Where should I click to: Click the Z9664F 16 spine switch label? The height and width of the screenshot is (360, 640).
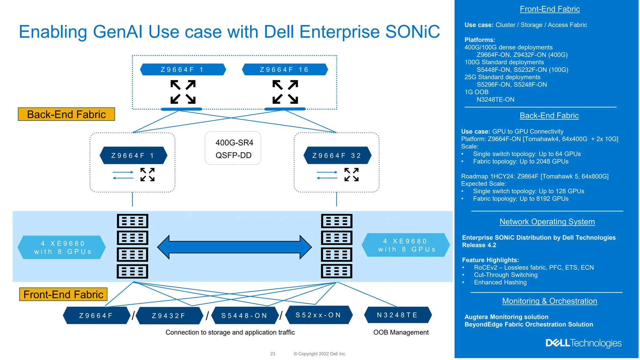285,69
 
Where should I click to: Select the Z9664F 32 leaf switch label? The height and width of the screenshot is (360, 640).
337,155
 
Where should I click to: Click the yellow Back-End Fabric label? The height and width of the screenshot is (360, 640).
66,114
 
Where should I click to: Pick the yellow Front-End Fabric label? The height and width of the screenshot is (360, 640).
63,294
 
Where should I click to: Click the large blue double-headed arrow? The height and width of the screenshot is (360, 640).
234,247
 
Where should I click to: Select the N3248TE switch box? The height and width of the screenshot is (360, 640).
397,315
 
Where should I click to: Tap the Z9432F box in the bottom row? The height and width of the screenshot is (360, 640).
169,316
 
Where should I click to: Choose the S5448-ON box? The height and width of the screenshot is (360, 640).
244,316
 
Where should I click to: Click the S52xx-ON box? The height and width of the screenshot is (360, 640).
318,315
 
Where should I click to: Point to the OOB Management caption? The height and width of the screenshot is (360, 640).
401,332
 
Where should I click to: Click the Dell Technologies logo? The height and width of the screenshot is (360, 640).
583,343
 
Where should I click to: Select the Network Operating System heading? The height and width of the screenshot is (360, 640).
547,222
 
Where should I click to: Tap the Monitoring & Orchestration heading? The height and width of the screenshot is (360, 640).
549,301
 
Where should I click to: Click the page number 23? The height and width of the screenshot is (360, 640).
272,354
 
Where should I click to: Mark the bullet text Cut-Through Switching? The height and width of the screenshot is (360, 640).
506,275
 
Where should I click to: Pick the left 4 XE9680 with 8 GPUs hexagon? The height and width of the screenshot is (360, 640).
62,247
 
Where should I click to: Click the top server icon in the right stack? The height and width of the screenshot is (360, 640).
337,221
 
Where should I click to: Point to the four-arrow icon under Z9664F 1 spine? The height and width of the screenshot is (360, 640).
183,92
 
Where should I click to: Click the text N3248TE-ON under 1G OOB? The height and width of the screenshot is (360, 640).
495,99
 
